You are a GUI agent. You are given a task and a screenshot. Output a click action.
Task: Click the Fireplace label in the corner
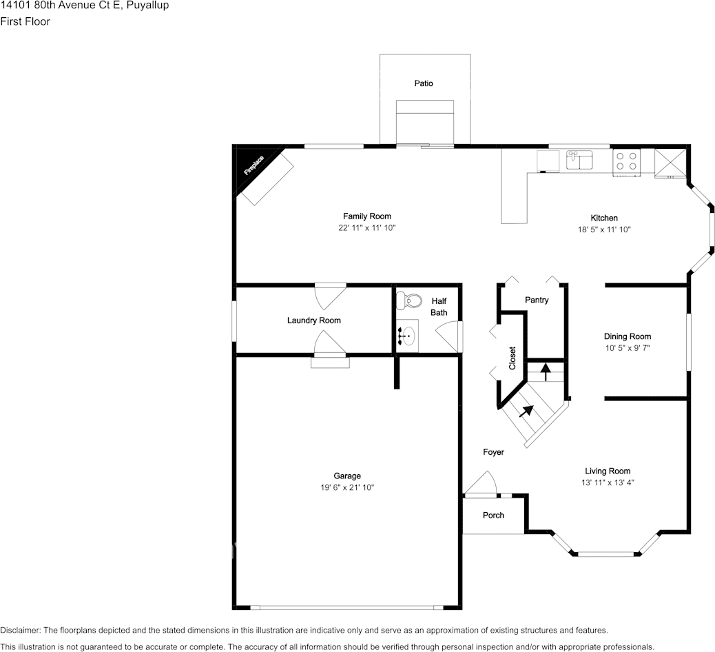tap(254, 167)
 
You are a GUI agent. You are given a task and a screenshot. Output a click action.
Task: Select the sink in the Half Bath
tap(407, 337)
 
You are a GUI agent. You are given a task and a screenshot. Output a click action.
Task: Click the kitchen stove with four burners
tap(626, 161)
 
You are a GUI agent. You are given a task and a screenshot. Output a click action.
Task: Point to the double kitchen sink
tap(579, 161)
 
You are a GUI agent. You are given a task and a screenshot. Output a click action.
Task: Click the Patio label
tap(424, 83)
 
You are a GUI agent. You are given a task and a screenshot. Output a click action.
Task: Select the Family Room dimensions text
tap(366, 227)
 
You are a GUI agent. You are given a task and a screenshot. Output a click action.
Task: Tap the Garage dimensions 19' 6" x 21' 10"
tap(347, 487)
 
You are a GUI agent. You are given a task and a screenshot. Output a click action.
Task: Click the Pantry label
tap(537, 300)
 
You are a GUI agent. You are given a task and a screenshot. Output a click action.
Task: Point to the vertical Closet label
tap(512, 358)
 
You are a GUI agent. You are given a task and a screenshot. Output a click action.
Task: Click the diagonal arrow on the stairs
tap(526, 411)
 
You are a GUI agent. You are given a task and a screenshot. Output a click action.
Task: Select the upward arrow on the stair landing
tap(546, 372)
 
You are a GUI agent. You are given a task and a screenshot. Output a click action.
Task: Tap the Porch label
tap(493, 515)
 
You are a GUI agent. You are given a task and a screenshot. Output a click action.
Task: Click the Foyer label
tap(493, 452)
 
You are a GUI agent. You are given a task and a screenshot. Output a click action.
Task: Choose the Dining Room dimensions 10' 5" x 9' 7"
tap(627, 348)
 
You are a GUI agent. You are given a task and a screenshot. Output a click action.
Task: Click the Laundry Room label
tap(313, 320)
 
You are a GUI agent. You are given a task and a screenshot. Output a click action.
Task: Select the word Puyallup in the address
tap(147, 6)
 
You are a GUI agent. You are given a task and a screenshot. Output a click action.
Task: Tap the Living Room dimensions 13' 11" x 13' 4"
tap(607, 482)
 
